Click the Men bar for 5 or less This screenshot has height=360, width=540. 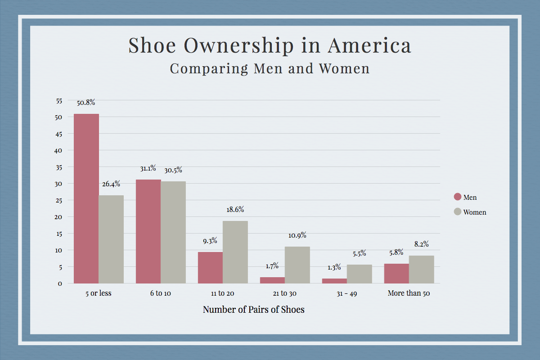86,198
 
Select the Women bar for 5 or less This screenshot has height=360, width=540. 111,239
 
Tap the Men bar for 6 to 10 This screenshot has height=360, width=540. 148,231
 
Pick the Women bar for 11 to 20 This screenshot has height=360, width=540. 235,252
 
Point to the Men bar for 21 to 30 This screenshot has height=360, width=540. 272,280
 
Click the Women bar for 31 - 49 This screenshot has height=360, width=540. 360,274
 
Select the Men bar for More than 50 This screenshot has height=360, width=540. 396,274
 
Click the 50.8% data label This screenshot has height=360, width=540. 86,103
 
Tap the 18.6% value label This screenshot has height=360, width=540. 235,210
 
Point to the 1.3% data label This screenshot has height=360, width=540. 334,267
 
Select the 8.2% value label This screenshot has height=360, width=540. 421,244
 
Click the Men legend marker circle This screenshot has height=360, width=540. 458,197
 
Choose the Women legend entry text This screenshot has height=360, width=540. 475,212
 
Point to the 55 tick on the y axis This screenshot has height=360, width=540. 59,101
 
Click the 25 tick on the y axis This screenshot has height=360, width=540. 59,200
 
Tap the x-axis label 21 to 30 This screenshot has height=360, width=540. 285,293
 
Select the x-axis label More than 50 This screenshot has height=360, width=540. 409,293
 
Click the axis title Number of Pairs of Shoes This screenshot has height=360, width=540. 254,310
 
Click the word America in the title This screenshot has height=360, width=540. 369,45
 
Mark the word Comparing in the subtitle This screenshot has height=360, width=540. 209,69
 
